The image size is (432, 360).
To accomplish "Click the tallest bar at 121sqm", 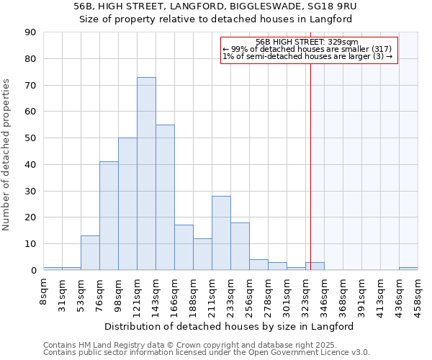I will pos(146,174).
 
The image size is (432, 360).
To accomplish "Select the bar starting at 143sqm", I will pos(165,197).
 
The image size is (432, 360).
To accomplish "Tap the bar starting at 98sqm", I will pos(127,204).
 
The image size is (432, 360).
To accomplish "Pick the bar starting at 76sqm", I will pos(109,216).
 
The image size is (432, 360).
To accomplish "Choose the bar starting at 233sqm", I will pos(240,246).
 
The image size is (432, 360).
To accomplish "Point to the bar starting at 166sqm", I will pos(184,248).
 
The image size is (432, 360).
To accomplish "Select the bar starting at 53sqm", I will pos(90,253).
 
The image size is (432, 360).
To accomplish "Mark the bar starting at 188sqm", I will pos(202,254).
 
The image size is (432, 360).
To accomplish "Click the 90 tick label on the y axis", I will pos(30,32).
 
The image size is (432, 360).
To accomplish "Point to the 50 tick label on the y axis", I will pos(30,138).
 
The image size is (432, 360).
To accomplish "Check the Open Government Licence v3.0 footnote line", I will pos(207,353).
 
